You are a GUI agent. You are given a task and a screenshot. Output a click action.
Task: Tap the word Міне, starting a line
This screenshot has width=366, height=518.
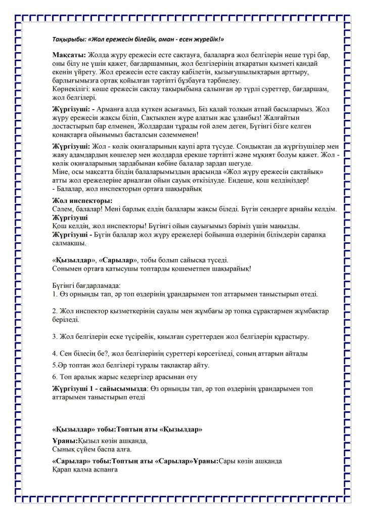coord(61,172)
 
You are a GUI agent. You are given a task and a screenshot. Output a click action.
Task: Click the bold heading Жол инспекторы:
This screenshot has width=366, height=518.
coord(79,201)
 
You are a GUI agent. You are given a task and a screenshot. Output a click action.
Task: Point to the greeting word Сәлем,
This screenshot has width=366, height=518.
coord(63,209)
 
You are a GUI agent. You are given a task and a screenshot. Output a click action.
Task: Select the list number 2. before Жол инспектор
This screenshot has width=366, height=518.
coord(55,310)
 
